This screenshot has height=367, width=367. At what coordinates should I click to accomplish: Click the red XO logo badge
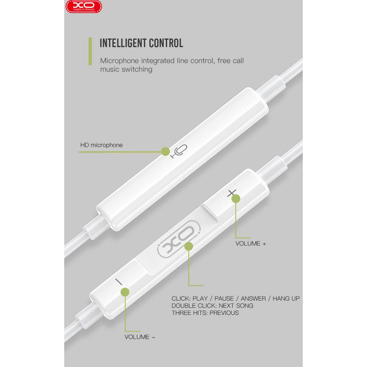point(83,6)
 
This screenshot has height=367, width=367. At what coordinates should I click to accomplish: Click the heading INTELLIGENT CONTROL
point(141,43)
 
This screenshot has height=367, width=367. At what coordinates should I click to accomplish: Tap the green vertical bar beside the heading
point(90,51)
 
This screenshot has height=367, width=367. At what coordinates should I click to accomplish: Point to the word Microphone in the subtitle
point(119,61)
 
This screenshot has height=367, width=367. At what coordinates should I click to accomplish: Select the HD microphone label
point(101,145)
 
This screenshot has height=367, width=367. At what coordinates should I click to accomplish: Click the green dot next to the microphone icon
point(165,151)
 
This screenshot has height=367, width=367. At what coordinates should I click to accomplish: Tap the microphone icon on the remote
point(179,151)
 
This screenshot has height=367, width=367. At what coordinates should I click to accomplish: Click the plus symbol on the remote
point(231,193)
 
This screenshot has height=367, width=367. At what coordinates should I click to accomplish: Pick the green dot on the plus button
point(236,199)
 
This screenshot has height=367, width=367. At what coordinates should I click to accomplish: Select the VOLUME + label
point(250,244)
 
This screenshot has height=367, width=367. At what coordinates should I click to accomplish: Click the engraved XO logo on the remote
point(179,239)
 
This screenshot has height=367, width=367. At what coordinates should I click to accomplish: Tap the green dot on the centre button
point(189,246)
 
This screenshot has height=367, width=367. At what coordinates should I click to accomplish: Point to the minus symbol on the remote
point(119,282)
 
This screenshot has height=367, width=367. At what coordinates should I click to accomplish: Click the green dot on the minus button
point(125,292)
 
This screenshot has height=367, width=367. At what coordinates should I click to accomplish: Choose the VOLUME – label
point(140,337)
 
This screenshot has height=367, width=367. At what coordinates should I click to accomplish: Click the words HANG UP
point(286,299)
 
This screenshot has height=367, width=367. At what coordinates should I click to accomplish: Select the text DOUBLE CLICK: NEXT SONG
point(212,306)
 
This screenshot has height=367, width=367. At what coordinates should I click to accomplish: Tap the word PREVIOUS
point(224,313)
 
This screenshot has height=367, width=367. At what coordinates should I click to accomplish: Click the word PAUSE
point(224,299)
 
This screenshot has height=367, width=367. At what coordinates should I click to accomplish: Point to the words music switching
point(126,70)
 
